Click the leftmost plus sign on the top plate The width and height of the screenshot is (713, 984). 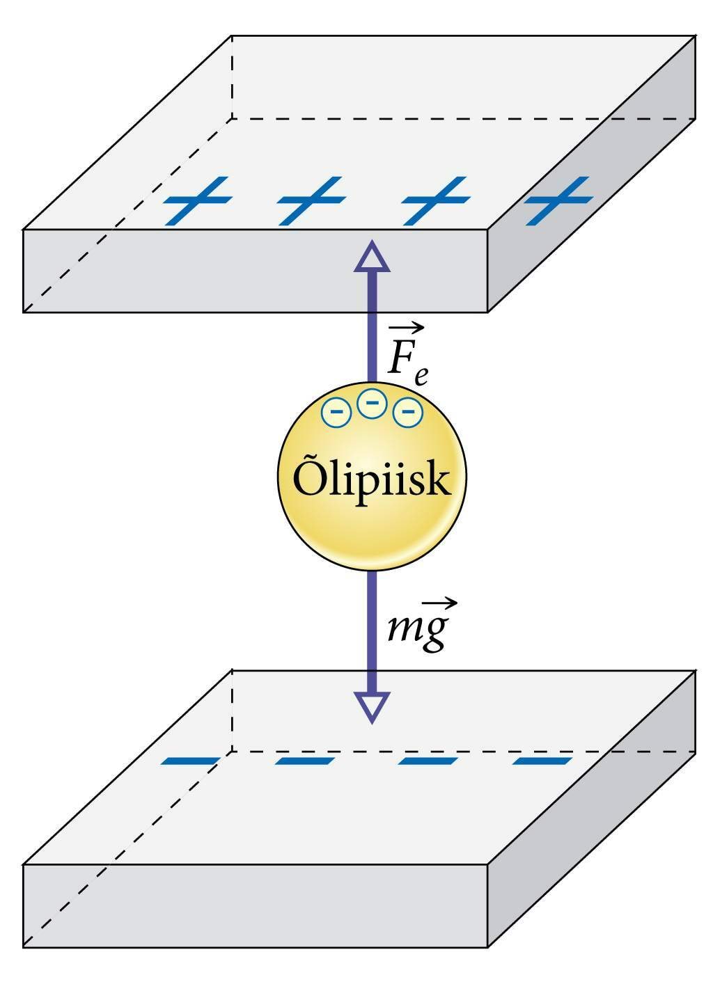click(x=197, y=201)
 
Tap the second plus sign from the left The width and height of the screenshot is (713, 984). click(x=311, y=201)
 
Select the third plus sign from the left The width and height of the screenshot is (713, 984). click(x=434, y=201)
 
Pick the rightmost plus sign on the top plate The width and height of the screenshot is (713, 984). click(x=558, y=201)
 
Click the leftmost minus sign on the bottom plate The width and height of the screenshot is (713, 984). click(x=190, y=761)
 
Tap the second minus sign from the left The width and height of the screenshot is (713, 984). click(x=304, y=761)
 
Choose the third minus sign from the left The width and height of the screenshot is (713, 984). click(x=428, y=761)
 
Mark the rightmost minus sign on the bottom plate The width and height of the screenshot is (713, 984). click(x=542, y=761)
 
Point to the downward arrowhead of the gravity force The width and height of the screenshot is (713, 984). click(x=373, y=707)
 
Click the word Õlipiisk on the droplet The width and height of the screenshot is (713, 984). click(x=372, y=479)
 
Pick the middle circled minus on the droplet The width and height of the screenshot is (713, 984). click(x=373, y=403)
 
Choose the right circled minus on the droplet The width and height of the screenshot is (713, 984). click(x=408, y=413)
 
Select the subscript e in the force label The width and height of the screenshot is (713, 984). click(x=421, y=376)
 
